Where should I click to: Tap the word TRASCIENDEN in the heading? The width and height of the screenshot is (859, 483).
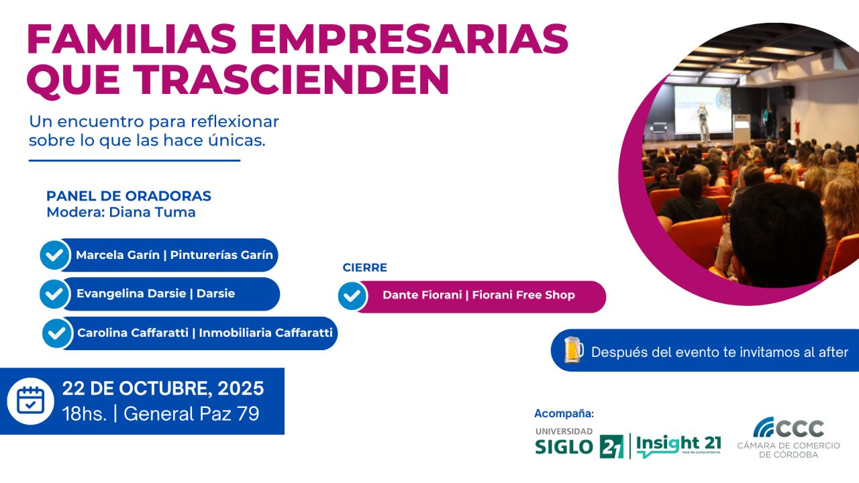(x=291, y=79)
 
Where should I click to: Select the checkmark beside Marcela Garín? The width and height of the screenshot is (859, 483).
(x=55, y=255)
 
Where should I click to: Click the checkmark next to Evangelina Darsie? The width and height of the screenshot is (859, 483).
(x=54, y=294)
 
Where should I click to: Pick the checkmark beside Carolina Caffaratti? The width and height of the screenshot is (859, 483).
(x=57, y=333)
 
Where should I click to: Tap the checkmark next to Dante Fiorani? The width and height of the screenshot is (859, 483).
(x=352, y=296)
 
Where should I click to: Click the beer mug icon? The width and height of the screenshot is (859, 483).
(x=574, y=350)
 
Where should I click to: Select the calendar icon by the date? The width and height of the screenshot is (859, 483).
(x=31, y=401)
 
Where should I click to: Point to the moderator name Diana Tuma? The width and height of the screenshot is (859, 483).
(x=152, y=212)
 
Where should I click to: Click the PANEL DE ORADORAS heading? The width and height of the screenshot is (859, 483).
(x=129, y=196)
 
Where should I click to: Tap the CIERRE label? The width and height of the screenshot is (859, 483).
(x=364, y=268)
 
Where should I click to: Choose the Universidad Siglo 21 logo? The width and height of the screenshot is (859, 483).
(x=579, y=443)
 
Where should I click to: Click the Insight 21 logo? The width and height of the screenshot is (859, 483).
(x=678, y=446)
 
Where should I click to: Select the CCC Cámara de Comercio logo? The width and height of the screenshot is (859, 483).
(x=789, y=437)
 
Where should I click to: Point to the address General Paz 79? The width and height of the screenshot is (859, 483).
(x=191, y=414)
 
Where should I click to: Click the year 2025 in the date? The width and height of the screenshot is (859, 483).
(x=241, y=388)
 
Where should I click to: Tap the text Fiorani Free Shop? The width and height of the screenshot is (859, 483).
(x=523, y=294)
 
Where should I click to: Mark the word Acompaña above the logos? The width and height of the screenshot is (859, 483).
(x=564, y=413)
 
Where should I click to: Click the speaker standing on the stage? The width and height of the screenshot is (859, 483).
(x=703, y=122)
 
